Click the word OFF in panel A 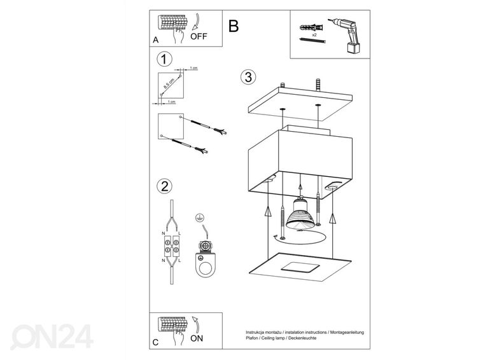(199, 36)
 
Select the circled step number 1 (164, 59)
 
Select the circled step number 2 (164, 186)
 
